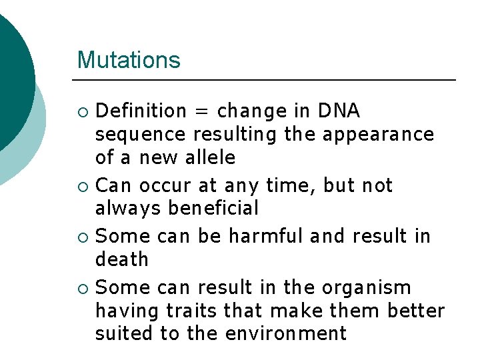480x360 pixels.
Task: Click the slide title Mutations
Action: (129, 60)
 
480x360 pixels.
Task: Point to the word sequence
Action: (141, 135)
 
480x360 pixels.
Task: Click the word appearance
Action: (378, 135)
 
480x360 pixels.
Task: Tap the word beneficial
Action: (213, 209)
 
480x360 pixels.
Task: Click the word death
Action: (122, 259)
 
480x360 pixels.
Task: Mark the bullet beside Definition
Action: (83, 111)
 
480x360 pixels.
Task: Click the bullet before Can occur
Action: (83, 186)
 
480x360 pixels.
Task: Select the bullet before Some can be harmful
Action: (83, 237)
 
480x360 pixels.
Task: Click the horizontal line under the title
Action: (267, 80)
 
